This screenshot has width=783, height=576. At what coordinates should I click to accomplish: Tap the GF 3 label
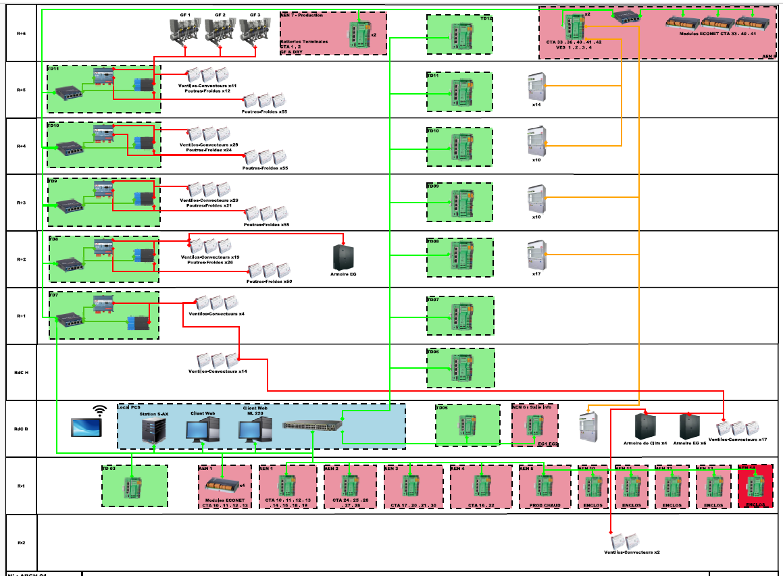coord(255,14)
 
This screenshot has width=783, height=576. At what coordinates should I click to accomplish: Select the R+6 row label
coord(21,32)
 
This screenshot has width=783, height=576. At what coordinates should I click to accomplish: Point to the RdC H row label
coord(21,372)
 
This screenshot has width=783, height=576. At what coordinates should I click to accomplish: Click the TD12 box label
coord(486,19)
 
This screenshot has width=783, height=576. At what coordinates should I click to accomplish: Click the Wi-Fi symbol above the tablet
coord(100,409)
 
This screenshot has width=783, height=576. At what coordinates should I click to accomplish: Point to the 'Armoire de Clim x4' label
coord(645,443)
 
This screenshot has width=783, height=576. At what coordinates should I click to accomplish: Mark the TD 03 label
coord(109,468)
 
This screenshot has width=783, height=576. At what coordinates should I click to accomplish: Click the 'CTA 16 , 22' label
coord(480,504)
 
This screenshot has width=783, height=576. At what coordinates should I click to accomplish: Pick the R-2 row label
coord(21,542)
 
